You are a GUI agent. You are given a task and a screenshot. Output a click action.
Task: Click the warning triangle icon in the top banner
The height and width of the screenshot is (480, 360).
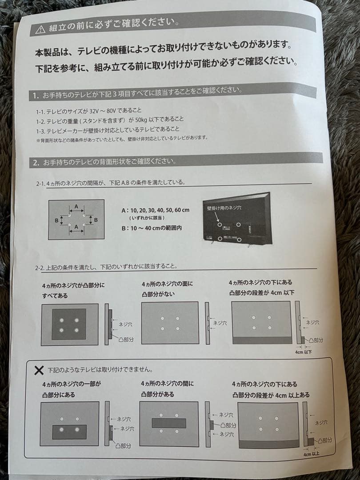(x=40, y=29)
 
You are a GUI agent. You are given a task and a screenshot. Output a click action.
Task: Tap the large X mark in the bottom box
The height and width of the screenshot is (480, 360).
(x=39, y=369)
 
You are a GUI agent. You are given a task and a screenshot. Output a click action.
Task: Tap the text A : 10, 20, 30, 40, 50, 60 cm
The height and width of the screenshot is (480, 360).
(x=155, y=210)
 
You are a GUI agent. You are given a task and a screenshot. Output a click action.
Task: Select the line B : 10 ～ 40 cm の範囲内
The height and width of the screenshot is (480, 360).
(x=152, y=228)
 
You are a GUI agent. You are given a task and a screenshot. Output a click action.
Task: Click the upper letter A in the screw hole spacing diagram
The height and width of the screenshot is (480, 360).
(x=76, y=206)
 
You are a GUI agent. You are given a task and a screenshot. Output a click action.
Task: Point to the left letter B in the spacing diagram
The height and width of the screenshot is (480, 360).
(x=56, y=219)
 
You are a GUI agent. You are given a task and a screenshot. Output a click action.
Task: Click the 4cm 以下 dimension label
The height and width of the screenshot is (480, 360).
(x=304, y=351)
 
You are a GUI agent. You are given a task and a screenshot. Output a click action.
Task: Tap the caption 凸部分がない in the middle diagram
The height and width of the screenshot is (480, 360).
(x=158, y=294)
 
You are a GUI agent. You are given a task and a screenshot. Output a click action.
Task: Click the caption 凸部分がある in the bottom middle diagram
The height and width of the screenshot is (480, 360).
(x=158, y=394)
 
